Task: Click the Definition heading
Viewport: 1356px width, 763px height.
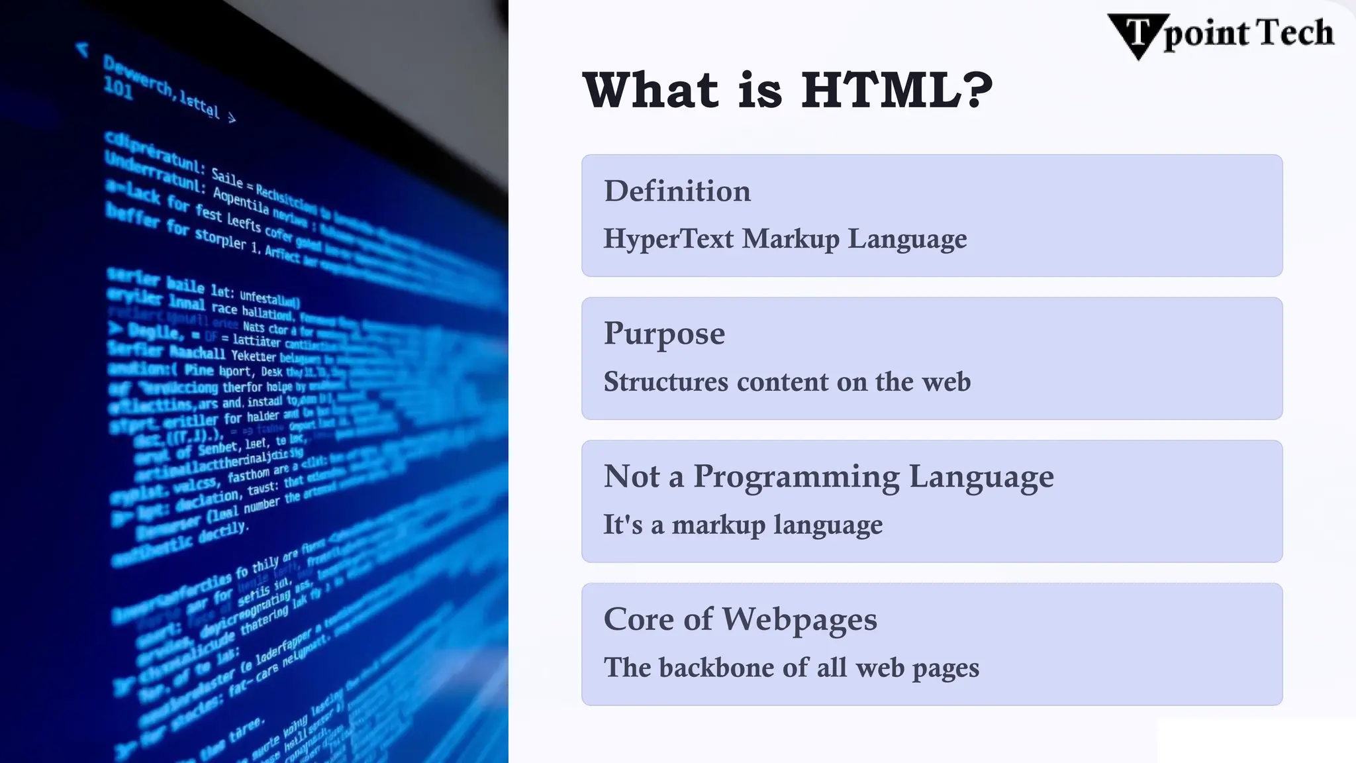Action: coord(677,191)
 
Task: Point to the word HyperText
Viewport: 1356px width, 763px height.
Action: coord(668,238)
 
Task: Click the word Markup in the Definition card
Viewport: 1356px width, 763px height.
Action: coord(790,238)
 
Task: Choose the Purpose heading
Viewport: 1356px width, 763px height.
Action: coord(664,333)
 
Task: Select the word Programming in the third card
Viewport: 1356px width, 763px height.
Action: coord(796,477)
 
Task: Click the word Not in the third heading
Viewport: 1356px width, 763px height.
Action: coord(632,476)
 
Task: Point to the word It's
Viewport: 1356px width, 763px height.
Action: coord(622,525)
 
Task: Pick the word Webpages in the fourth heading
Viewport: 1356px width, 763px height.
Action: coord(799,620)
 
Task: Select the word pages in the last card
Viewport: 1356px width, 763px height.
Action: coord(945,668)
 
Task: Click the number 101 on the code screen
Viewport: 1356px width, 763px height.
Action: coord(119,89)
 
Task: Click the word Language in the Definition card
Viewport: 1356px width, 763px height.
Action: coord(907,239)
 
